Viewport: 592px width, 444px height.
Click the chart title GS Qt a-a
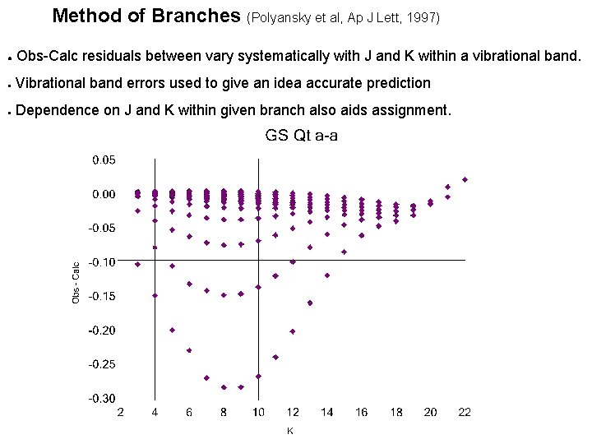coord(301,136)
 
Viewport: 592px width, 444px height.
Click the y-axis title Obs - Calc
coord(76,283)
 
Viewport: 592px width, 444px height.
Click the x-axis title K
coord(290,430)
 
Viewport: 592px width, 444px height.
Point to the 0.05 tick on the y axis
coord(104,160)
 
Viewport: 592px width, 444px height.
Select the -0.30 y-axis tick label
coord(102,398)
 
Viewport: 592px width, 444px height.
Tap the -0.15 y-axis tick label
coord(102,296)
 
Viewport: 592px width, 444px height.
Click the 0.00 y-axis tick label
coord(104,194)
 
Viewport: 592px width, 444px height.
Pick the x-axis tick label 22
coord(465,413)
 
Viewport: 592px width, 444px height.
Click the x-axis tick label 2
coord(121,413)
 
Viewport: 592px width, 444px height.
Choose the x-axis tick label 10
coord(258,413)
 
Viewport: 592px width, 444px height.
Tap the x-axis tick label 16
coord(362,413)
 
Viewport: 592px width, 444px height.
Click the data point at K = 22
coord(465,179)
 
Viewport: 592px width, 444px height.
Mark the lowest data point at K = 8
coord(224,387)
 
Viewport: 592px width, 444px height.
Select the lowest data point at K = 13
coord(310,303)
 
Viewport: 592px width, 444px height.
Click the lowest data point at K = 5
coord(172,330)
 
